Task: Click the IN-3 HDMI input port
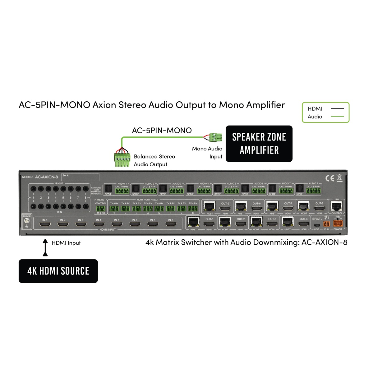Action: pyautogui.click(x=81, y=224)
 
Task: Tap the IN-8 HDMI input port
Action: pyautogui.click(x=171, y=224)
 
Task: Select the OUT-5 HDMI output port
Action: pyautogui.click(x=225, y=208)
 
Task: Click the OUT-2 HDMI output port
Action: pyautogui.click(x=241, y=224)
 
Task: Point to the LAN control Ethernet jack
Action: pyautogui.click(x=337, y=206)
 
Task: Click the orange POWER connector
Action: pyautogui.click(x=338, y=223)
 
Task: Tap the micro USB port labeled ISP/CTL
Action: pyautogui.click(x=317, y=225)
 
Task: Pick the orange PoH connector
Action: pyautogui.click(x=326, y=223)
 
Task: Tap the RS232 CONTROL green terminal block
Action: pyautogui.click(x=101, y=209)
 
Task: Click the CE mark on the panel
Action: pyautogui.click(x=330, y=178)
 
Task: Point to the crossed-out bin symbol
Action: pyautogui.click(x=340, y=178)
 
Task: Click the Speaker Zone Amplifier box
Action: pyautogui.click(x=259, y=144)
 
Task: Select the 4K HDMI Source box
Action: pyautogui.click(x=58, y=271)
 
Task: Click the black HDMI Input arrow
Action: pyautogui.click(x=45, y=247)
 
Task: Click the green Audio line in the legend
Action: pyautogui.click(x=337, y=117)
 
